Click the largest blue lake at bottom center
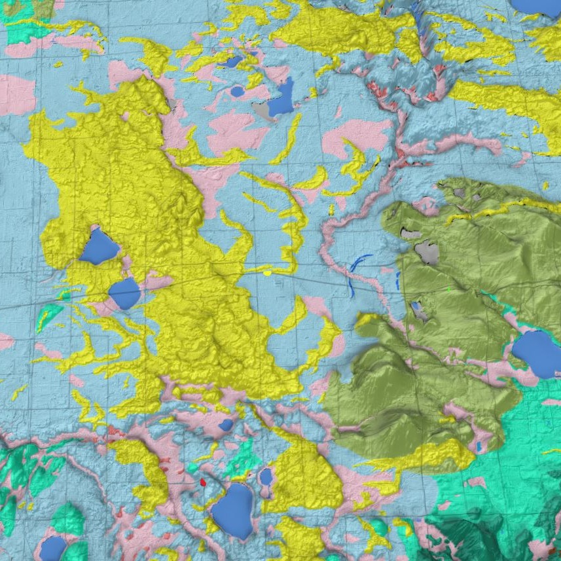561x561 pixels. (x=232, y=511)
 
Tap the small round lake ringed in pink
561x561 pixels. (x=266, y=477)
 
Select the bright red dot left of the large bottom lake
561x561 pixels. (x=203, y=482)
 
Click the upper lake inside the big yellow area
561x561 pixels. (x=99, y=247)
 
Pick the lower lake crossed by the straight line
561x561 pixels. (x=124, y=293)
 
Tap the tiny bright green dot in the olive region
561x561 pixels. (x=448, y=289)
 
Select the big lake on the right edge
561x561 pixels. (x=537, y=353)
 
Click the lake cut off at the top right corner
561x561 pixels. (x=537, y=7)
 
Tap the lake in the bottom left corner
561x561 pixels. (x=52, y=548)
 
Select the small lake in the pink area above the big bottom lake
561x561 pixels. (x=226, y=425)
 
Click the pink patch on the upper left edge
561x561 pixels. (x=14, y=94)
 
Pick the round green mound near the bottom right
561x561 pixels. (x=378, y=526)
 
